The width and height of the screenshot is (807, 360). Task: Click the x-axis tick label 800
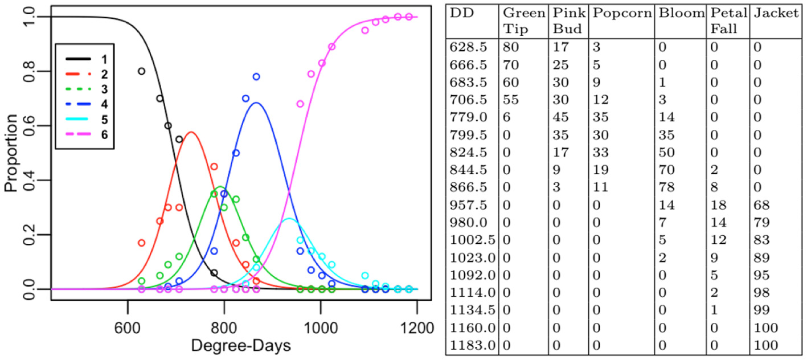tap(224, 329)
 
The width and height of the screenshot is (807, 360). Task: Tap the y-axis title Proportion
tap(11, 153)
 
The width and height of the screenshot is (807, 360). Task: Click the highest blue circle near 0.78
tap(256, 76)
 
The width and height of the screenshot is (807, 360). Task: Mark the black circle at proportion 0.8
tap(141, 71)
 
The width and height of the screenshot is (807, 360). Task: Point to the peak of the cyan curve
tap(290, 219)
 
